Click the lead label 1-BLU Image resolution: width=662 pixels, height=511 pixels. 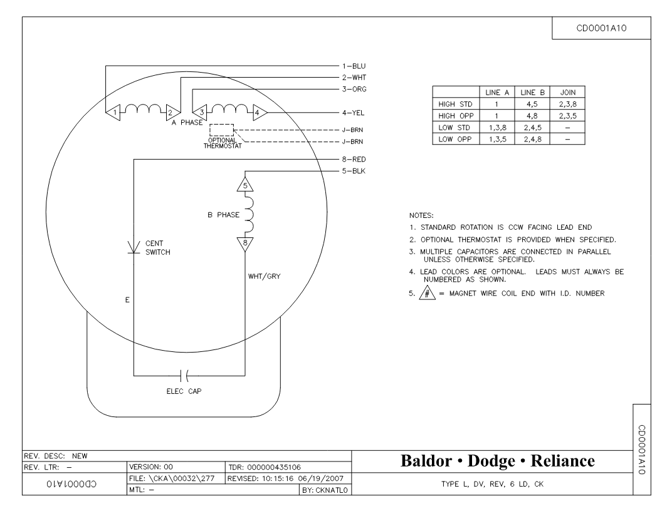pos(354,66)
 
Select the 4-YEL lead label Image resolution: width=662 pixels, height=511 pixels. pos(354,113)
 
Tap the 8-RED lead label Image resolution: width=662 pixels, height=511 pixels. pos(354,159)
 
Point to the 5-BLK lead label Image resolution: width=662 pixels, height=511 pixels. pos(354,171)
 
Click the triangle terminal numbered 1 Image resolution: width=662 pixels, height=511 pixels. pos(113,113)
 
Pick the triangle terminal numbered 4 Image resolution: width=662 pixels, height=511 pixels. pos(260,113)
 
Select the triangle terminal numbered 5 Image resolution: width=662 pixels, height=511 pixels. pos(245,185)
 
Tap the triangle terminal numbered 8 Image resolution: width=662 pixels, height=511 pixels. pos(245,244)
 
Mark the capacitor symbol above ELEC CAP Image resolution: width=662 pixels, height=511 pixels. pos(184,375)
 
